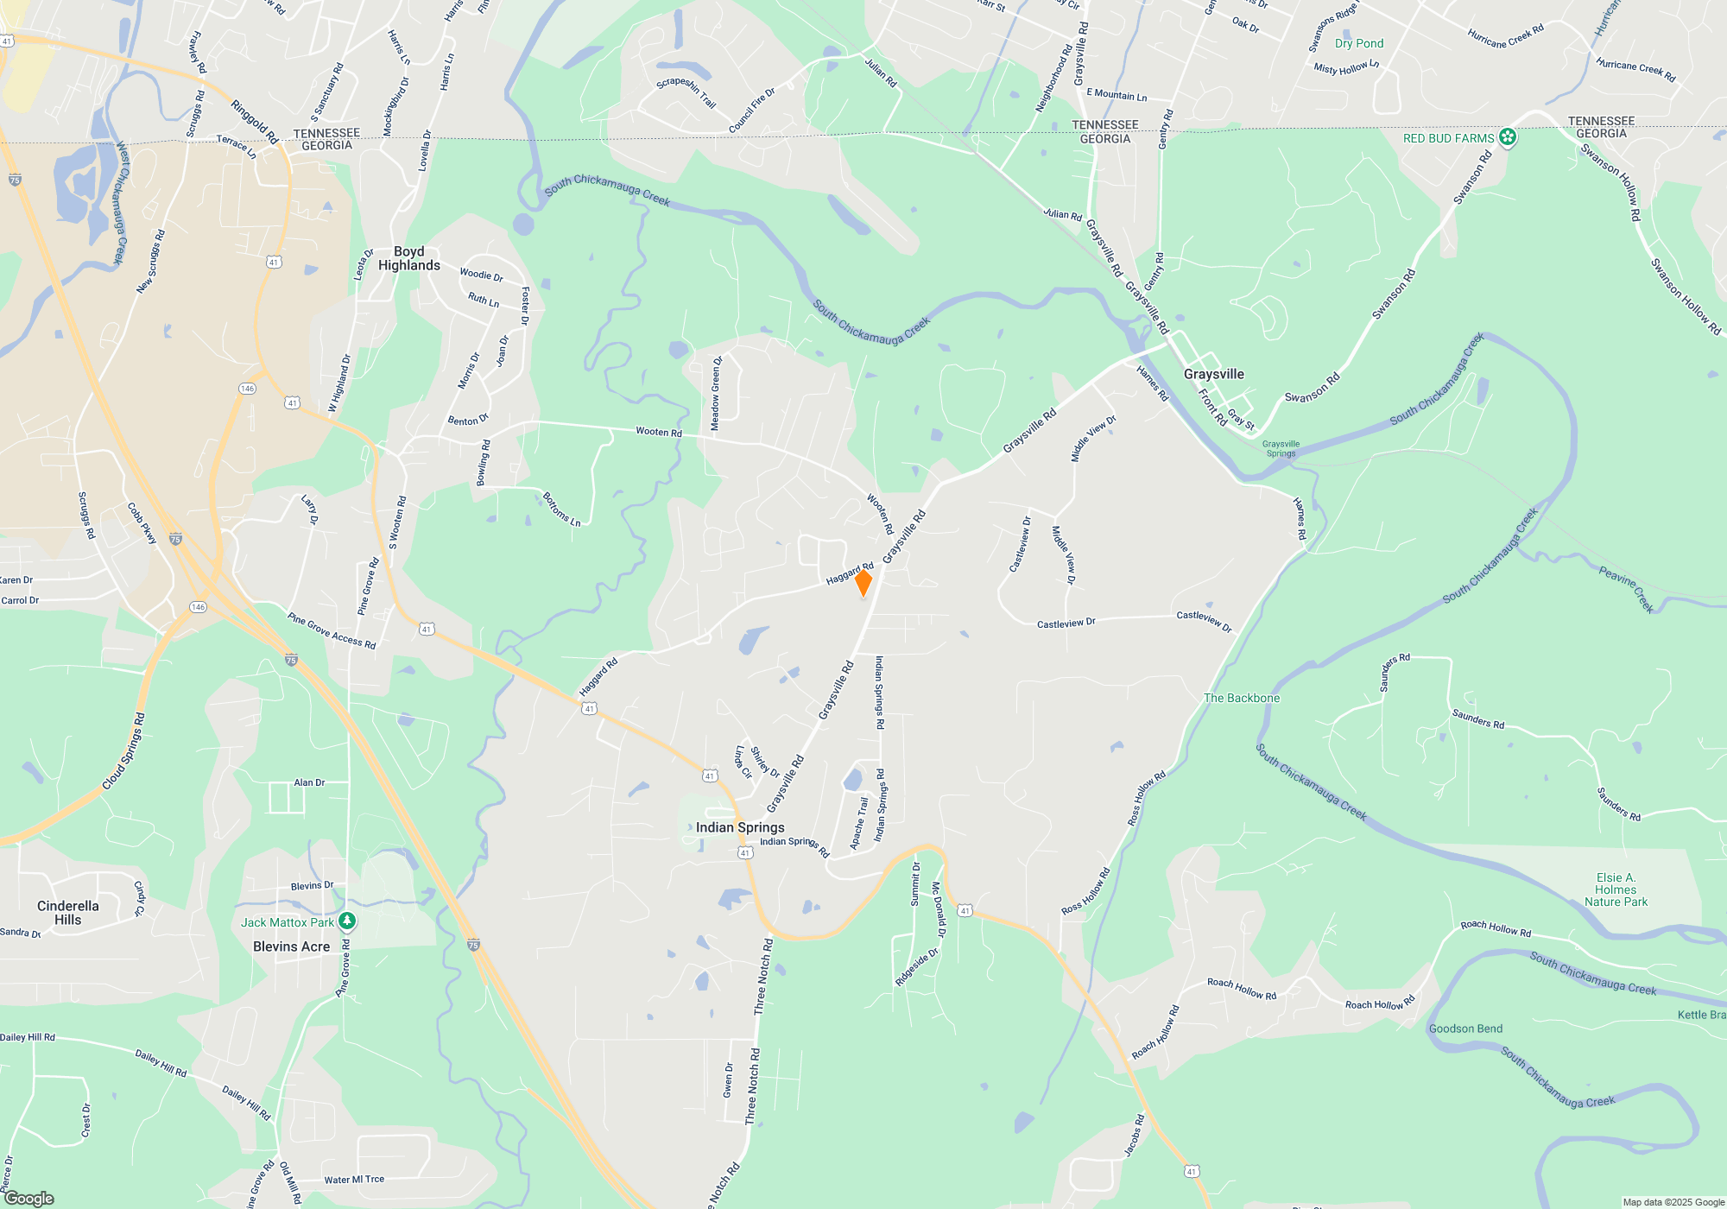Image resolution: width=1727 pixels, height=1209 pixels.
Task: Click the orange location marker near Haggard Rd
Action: (x=863, y=583)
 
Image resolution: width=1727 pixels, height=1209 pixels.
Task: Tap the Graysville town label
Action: (x=1213, y=374)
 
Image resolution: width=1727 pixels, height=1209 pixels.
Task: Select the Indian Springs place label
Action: (x=740, y=827)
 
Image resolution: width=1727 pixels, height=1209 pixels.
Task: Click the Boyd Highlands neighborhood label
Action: (x=409, y=258)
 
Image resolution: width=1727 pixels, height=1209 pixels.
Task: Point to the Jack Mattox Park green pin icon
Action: (x=347, y=921)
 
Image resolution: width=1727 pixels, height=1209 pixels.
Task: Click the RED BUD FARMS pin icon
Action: (x=1508, y=137)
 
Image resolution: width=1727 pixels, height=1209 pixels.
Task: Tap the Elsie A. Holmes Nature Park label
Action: (x=1616, y=889)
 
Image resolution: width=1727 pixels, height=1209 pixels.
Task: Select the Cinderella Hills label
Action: (x=68, y=913)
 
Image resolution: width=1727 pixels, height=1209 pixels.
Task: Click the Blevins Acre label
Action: (x=291, y=946)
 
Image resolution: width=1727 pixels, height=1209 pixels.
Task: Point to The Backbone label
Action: (x=1242, y=698)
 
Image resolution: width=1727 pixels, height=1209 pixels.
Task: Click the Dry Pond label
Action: (x=1358, y=43)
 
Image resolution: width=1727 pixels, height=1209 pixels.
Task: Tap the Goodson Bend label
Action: (x=1465, y=1029)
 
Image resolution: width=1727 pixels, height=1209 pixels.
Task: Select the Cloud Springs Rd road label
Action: (x=123, y=750)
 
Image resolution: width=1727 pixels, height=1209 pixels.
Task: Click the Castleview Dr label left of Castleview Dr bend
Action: (x=1066, y=623)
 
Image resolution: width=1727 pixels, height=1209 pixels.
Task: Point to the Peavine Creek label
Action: (x=1626, y=589)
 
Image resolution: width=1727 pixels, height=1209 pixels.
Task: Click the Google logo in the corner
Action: (x=29, y=1198)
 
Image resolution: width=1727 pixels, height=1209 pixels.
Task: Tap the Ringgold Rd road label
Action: (x=255, y=122)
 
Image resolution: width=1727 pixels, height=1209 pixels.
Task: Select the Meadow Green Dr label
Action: (x=716, y=394)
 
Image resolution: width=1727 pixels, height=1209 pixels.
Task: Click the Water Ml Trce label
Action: (x=354, y=1180)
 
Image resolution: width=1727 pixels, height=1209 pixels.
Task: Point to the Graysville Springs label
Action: (x=1281, y=448)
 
